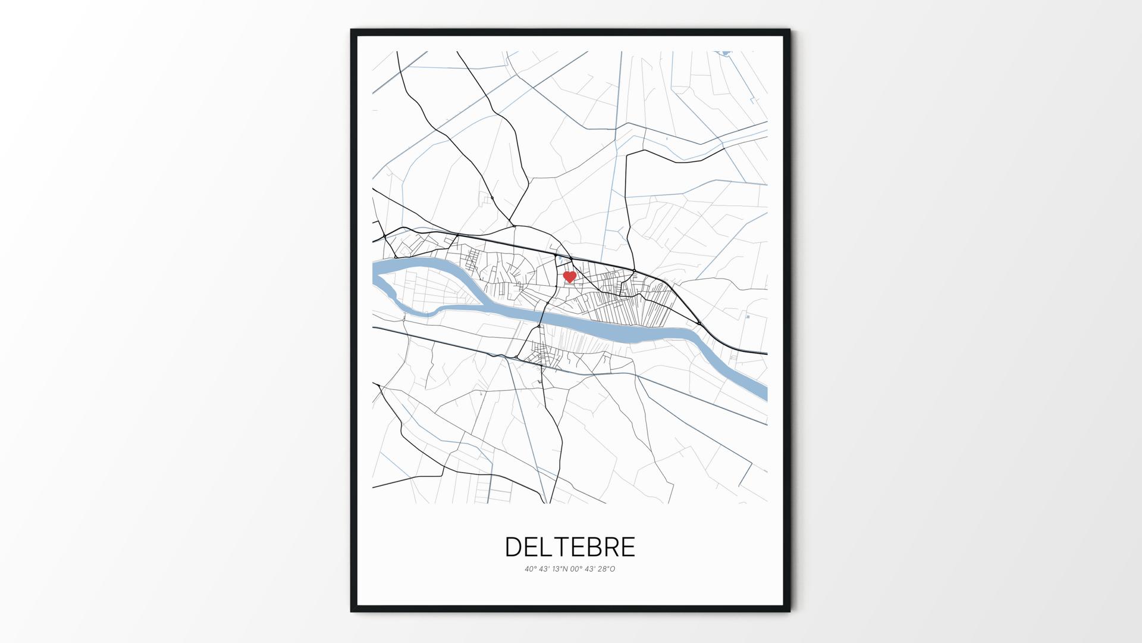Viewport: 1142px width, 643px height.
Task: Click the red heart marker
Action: click(569, 277)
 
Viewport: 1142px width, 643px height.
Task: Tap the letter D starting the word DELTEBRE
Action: click(513, 547)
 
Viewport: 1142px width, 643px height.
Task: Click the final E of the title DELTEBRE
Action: click(628, 547)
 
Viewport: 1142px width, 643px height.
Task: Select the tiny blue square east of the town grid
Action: click(748, 317)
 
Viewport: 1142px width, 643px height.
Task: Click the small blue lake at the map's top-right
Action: click(724, 54)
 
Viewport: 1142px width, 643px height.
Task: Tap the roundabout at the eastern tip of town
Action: click(699, 323)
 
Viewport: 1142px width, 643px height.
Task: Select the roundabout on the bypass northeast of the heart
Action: click(634, 272)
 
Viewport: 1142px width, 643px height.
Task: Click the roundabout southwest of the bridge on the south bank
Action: click(516, 358)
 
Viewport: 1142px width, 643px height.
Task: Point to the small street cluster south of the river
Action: click(544, 354)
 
